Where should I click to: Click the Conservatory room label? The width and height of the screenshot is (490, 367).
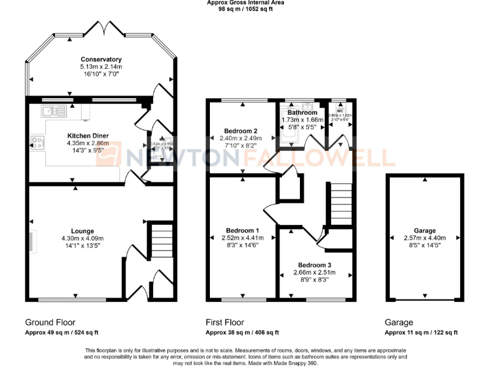[x=101, y=59]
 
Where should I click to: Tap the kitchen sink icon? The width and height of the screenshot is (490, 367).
[x=54, y=112]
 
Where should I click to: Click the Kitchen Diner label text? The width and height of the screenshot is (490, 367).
[x=88, y=136]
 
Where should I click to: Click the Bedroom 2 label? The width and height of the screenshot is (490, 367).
[x=241, y=131]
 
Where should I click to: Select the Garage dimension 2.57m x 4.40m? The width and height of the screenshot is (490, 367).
[x=425, y=238]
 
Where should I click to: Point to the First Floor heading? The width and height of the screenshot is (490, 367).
[x=225, y=322]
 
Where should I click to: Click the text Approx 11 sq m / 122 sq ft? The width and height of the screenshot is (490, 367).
[x=421, y=333]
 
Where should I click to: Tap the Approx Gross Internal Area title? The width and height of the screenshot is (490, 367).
[x=246, y=3]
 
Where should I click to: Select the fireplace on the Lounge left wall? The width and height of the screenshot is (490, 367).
[x=32, y=242]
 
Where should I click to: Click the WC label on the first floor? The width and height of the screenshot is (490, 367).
[x=340, y=110]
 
